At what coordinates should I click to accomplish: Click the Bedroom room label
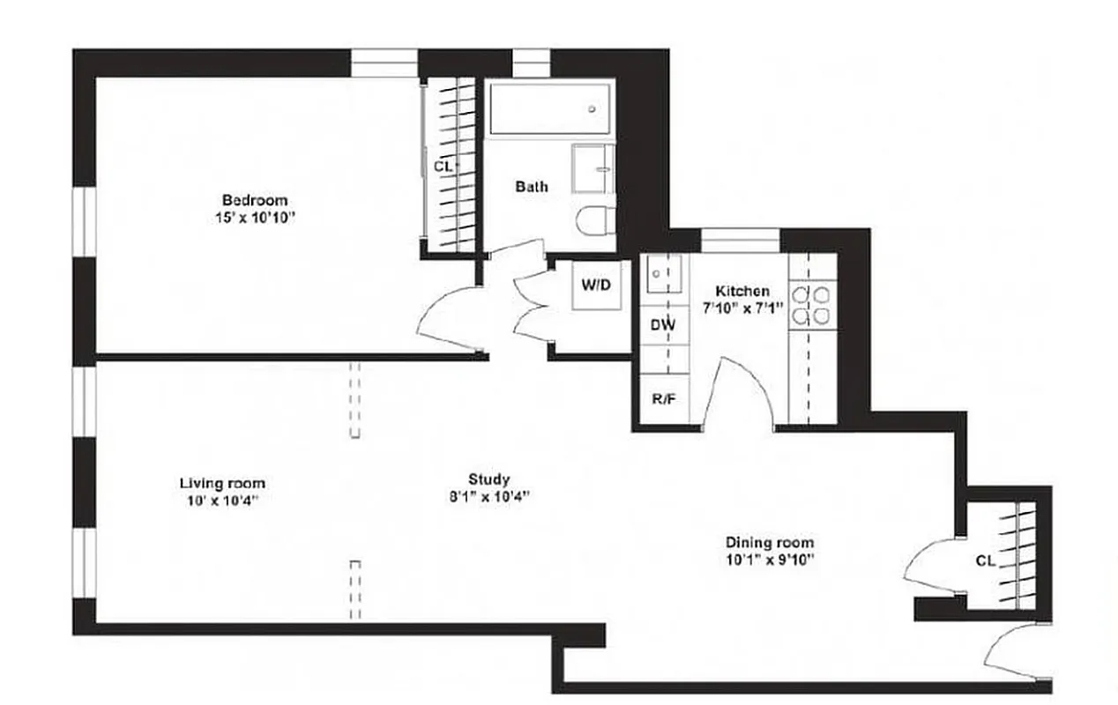[x=254, y=200]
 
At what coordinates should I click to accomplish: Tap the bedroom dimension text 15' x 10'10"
[x=254, y=217]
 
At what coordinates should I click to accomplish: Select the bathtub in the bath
[x=550, y=108]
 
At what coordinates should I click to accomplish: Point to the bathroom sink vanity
[x=594, y=168]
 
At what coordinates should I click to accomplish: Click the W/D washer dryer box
[x=596, y=286]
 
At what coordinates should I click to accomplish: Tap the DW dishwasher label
[x=662, y=324]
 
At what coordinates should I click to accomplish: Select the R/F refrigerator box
[x=663, y=398]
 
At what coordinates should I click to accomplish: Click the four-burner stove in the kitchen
[x=810, y=304]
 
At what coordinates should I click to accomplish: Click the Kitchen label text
[x=742, y=291]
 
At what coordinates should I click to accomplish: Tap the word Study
[x=488, y=479]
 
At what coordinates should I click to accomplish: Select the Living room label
[x=222, y=483]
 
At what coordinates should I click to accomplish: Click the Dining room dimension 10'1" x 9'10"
[x=769, y=559]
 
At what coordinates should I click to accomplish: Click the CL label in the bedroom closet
[x=443, y=165]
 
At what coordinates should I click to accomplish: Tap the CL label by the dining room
[x=986, y=560]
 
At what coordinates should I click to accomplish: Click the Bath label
[x=531, y=186]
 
